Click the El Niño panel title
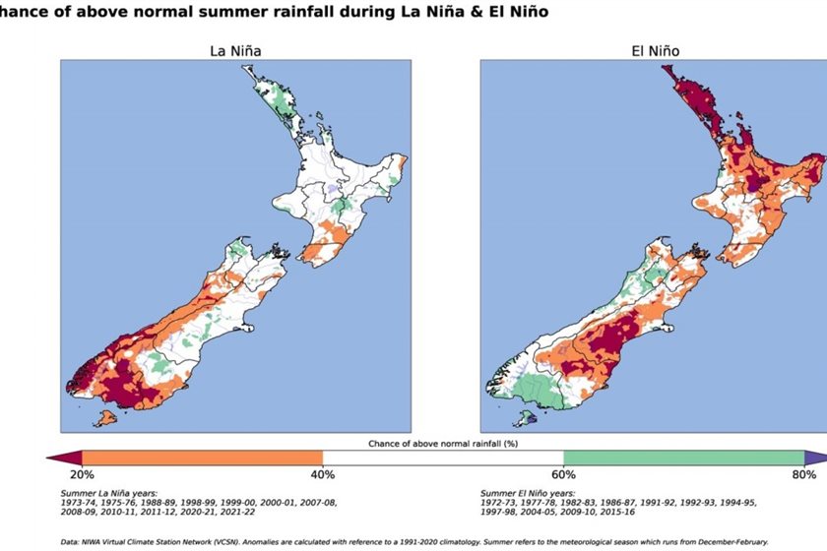pyautogui.click(x=654, y=50)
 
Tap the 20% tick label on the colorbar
pyautogui.click(x=83, y=474)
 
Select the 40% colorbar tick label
pyautogui.click(x=323, y=474)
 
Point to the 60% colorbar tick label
pyautogui.click(x=563, y=474)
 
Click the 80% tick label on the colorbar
pyautogui.click(x=803, y=474)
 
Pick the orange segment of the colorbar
pyautogui.click(x=202, y=458)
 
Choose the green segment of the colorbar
pyautogui.click(x=683, y=458)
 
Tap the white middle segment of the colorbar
pyautogui.click(x=443, y=458)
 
